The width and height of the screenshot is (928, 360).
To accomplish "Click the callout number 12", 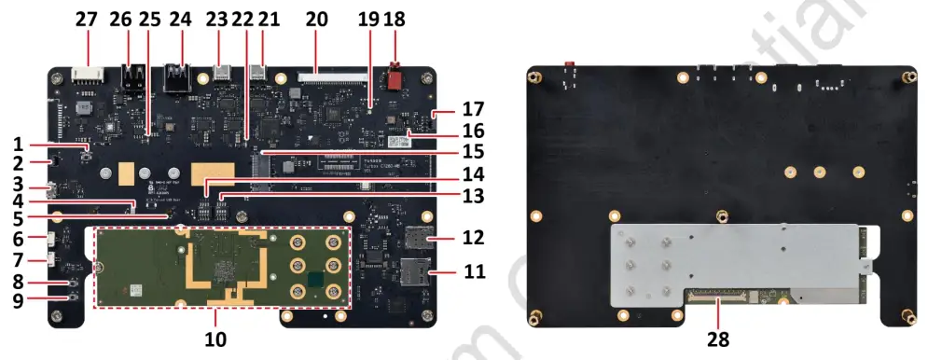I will [473, 238].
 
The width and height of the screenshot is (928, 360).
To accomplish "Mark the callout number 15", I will [473, 151].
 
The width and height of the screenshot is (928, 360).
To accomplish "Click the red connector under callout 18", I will [395, 76].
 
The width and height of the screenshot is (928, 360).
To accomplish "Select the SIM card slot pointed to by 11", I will [413, 273].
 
